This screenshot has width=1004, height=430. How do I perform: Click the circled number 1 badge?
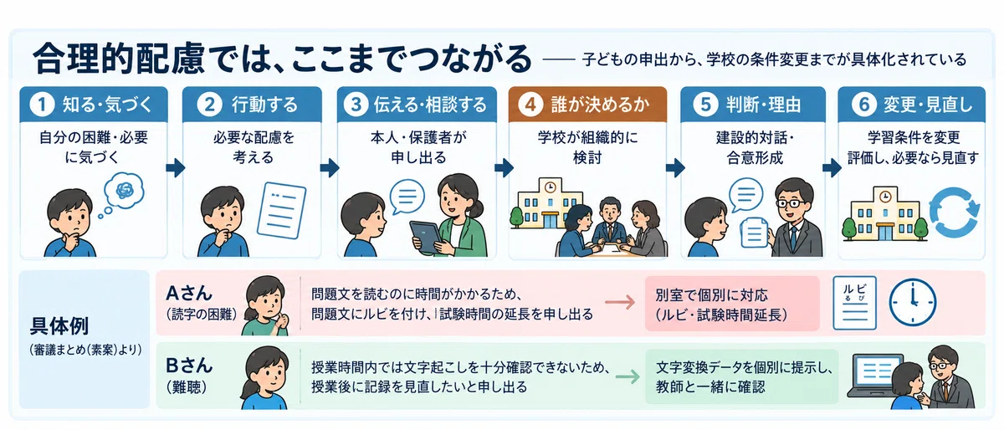tap(42, 105)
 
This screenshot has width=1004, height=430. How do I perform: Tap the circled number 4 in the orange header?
tap(530, 105)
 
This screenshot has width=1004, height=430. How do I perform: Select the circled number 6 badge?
tap(863, 105)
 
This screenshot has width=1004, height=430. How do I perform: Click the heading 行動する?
tap(265, 105)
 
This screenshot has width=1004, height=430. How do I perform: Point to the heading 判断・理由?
tap(763, 105)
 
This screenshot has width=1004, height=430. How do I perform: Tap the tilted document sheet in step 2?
tap(281, 210)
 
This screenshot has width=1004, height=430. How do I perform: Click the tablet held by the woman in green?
tap(428, 236)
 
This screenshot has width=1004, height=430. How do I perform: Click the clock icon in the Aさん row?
tap(913, 302)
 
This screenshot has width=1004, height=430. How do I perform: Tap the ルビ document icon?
tap(854, 303)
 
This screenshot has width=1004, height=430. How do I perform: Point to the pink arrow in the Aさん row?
tap(620, 302)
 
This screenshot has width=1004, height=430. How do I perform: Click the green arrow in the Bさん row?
tap(627, 376)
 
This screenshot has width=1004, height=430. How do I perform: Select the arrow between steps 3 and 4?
tap(505, 167)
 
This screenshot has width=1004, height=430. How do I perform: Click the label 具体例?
tap(59, 326)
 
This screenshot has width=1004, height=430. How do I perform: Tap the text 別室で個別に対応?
tap(712, 295)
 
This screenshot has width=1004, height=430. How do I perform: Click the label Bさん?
tap(189, 366)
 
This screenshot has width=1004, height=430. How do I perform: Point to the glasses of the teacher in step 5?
tap(792, 203)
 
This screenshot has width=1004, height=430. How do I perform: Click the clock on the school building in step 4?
tap(550, 187)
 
